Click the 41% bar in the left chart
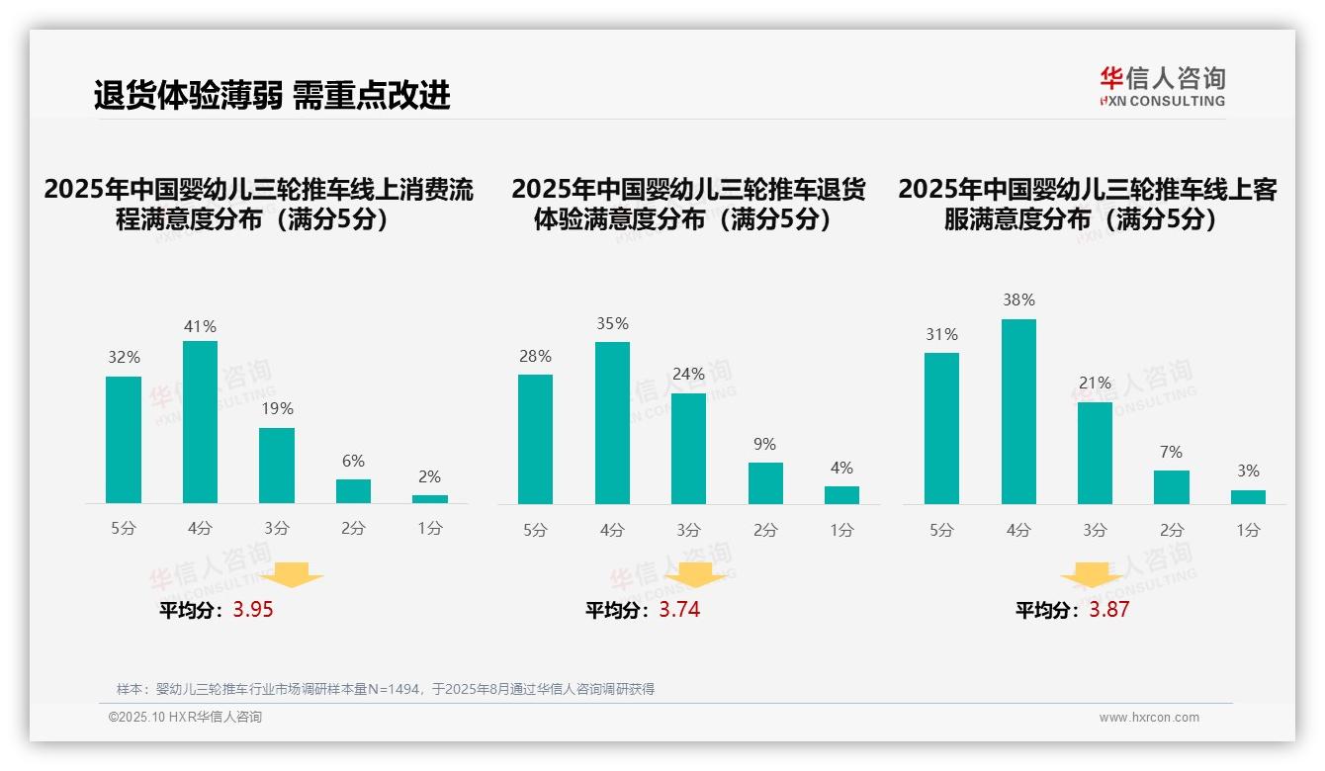[200, 422]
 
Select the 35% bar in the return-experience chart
[612, 423]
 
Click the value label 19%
[277, 408]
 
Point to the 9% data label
[764, 445]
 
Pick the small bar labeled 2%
[430, 499]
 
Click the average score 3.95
[253, 610]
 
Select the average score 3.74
[679, 610]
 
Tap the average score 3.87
[1109, 610]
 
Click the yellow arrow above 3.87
[1092, 575]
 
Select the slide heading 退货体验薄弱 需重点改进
[272, 95]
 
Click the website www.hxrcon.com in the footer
[1149, 718]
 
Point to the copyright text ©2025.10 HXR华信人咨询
[185, 718]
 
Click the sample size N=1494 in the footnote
[396, 689]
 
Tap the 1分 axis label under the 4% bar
[841, 530]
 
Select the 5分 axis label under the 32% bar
[124, 528]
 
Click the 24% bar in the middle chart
[688, 449]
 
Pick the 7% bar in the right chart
[1172, 487]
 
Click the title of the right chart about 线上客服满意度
[1088, 204]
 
